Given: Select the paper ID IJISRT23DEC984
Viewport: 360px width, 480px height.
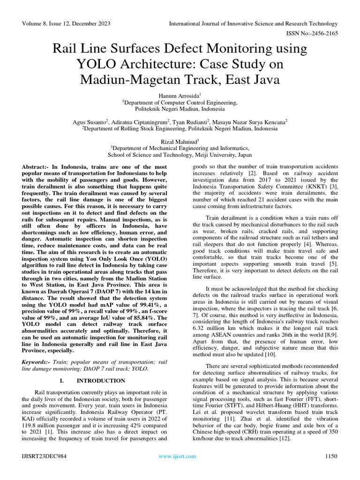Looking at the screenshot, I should coord(43,456).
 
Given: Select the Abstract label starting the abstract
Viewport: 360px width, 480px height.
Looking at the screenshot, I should coord(36,167).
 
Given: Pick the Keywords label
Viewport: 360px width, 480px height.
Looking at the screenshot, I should coord(36,362).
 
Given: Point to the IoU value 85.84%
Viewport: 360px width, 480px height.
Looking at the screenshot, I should coord(142,318).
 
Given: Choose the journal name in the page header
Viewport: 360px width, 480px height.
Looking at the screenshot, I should coord(253,23).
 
